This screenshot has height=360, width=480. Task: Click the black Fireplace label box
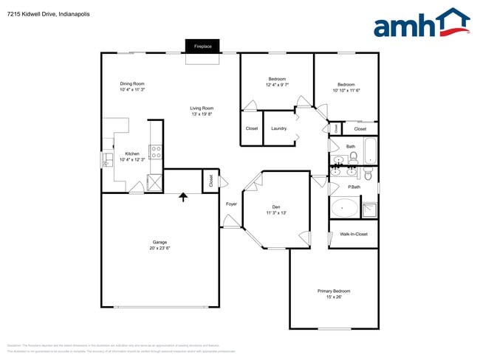[203, 46]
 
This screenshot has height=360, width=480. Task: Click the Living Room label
[202, 108]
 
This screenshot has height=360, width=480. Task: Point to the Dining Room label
[132, 83]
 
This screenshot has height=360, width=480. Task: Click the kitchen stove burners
[157, 153]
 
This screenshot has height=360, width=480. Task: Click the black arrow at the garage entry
[183, 196]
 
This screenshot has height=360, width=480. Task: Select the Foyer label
[231, 204]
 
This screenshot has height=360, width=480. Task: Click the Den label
[276, 207]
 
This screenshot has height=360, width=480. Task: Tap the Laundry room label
[278, 128]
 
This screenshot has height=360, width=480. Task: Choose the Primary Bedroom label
[334, 291]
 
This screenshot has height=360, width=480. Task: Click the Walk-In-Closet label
[353, 235]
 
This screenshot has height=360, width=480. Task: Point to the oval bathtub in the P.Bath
[343, 208]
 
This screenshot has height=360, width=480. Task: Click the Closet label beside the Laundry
[252, 128]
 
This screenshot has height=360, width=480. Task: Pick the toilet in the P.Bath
[368, 174]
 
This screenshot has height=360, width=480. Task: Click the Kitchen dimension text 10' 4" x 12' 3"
[132, 160]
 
